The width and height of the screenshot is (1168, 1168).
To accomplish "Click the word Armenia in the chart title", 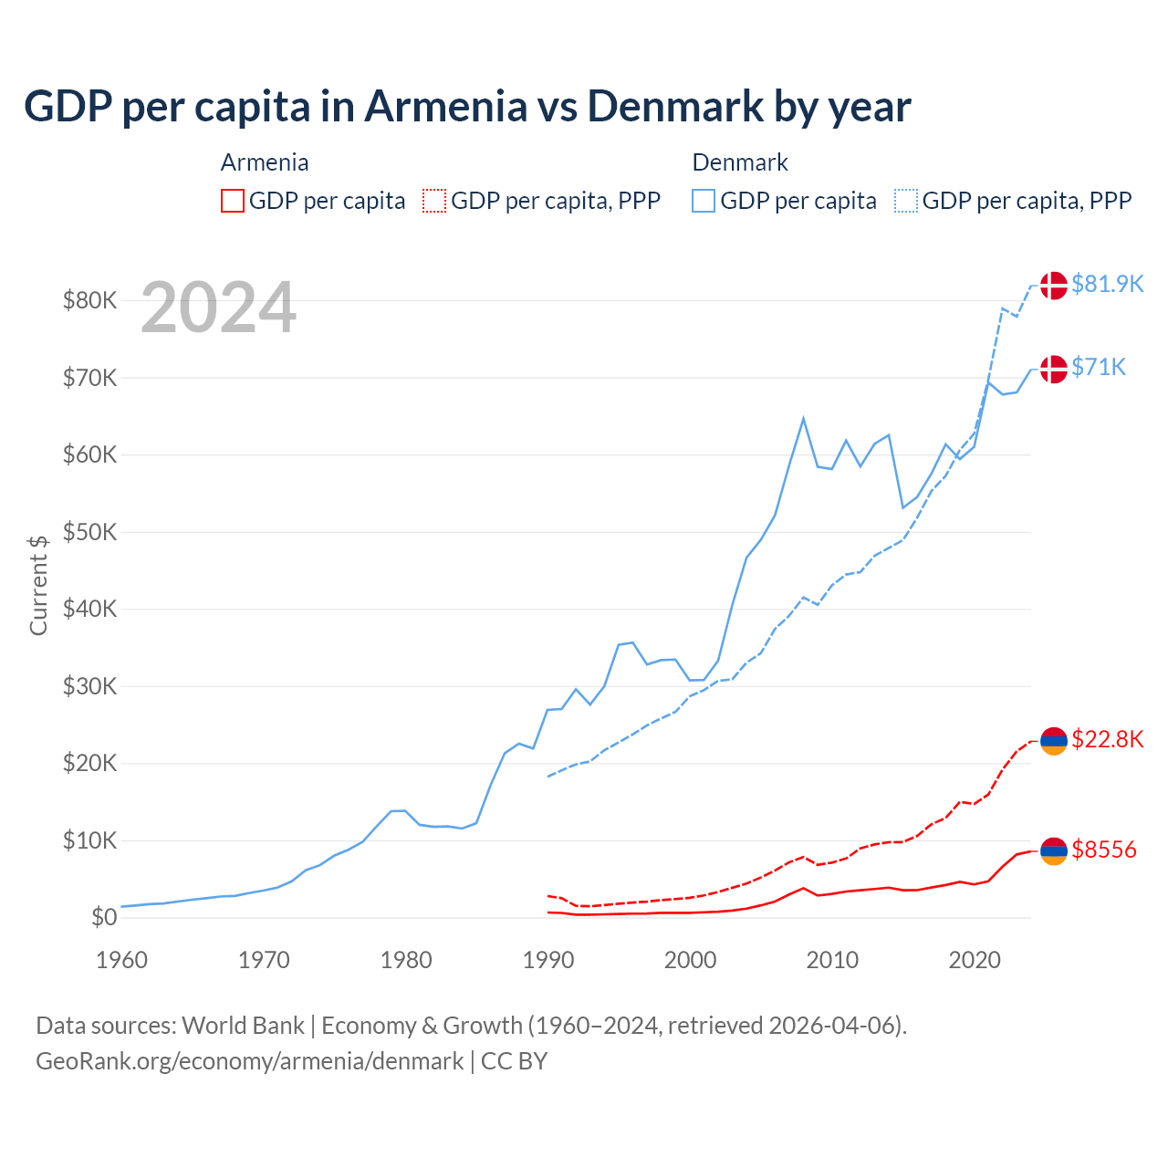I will click(x=445, y=107).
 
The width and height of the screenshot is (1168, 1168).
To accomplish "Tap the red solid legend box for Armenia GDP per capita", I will click(x=233, y=201).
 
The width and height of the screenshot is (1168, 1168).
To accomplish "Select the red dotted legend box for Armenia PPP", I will click(x=434, y=201).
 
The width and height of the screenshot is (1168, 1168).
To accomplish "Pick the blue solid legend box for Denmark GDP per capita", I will click(x=704, y=201).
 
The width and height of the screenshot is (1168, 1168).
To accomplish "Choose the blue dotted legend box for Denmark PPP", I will click(x=906, y=201).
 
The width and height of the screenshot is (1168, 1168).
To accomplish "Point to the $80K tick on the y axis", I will click(x=89, y=300).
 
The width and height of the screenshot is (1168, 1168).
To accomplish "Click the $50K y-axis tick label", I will click(x=89, y=532).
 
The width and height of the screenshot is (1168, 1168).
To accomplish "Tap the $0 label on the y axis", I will click(x=104, y=918).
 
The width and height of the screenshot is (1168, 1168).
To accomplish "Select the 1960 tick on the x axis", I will click(x=121, y=960).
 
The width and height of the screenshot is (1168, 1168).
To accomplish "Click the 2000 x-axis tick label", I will click(x=690, y=960).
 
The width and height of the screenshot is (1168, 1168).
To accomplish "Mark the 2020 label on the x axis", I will click(x=975, y=960).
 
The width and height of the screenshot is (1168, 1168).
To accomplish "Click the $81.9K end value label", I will click(x=1107, y=285).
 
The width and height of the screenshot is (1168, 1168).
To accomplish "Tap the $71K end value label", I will click(x=1099, y=367).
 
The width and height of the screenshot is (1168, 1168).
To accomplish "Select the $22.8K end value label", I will click(x=1107, y=739).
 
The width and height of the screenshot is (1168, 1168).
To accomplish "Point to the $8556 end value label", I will click(x=1104, y=850).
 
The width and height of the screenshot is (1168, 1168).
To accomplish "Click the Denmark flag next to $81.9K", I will click(x=1053, y=285).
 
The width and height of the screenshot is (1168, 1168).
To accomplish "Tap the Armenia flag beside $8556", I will click(x=1053, y=850).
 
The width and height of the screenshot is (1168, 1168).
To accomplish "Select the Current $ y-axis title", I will click(x=38, y=585).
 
